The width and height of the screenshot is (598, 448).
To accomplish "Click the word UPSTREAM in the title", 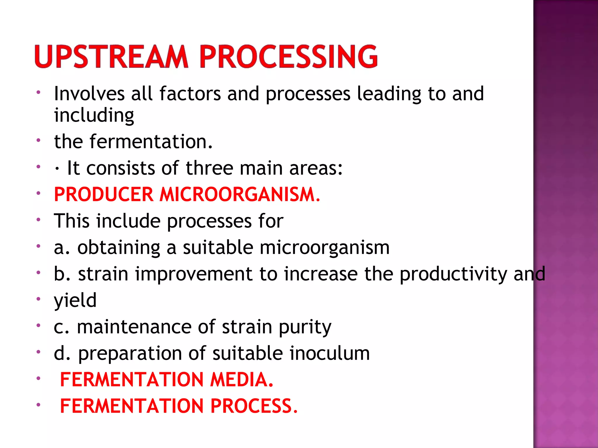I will pyautogui.click(x=111, y=57).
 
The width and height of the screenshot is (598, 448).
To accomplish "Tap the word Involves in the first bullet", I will pyautogui.click(x=89, y=94).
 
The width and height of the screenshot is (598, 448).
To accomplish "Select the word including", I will pyautogui.click(x=94, y=116).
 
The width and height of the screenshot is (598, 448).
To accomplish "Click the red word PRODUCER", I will pyautogui.click(x=103, y=195).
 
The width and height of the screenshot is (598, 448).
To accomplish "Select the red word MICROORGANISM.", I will pyautogui.click(x=239, y=195).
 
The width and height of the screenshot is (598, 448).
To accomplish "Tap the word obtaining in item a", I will pyautogui.click(x=119, y=248).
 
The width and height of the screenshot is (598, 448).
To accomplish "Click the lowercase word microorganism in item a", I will pyautogui.click(x=324, y=248).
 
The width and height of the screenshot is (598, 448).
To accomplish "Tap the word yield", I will pyautogui.click(x=75, y=300).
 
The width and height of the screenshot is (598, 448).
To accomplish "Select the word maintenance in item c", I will pyautogui.click(x=134, y=327).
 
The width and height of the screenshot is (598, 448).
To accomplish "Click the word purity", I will pyautogui.click(x=305, y=327).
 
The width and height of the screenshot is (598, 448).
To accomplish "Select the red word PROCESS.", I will pyautogui.click(x=254, y=406).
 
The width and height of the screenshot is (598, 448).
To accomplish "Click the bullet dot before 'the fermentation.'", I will pyautogui.click(x=38, y=140).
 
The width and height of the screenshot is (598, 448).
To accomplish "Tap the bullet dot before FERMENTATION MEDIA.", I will pyautogui.click(x=38, y=379).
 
